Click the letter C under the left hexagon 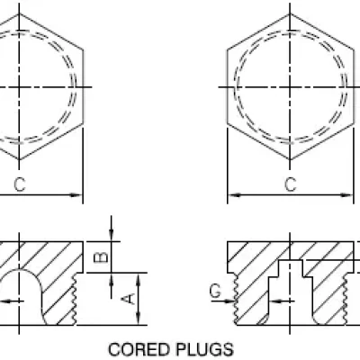tap(20, 184)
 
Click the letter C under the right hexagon tap(290, 184)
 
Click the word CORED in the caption tap(139, 349)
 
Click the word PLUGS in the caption tap(204, 349)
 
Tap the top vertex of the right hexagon tap(290, 13)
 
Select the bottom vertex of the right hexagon tap(290, 159)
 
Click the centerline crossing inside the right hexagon tap(290, 87)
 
